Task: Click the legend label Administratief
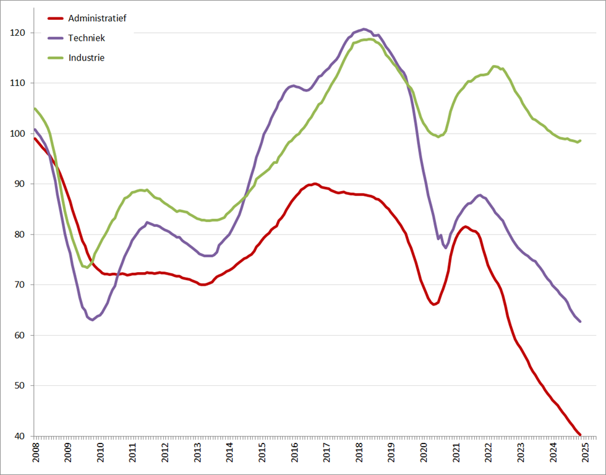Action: point(97,19)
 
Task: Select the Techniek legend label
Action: point(87,38)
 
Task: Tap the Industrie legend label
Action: point(87,58)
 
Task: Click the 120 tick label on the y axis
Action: point(19,33)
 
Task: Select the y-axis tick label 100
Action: point(19,134)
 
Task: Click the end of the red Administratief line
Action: point(580,435)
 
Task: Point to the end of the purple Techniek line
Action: point(580,322)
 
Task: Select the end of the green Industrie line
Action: point(580,140)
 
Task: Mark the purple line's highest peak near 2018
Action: point(364,29)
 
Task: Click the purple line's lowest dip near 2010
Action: point(93,320)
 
